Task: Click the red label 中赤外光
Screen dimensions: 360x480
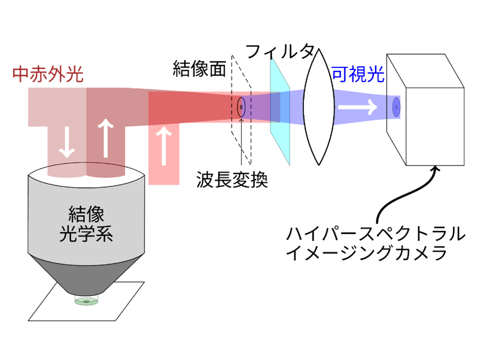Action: (x=47, y=74)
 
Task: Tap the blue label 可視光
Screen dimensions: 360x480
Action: (x=357, y=74)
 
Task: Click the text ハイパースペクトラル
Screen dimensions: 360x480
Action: (x=374, y=234)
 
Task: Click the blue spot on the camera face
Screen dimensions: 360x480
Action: (x=396, y=106)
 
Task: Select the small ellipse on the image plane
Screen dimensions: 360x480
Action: (x=241, y=106)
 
